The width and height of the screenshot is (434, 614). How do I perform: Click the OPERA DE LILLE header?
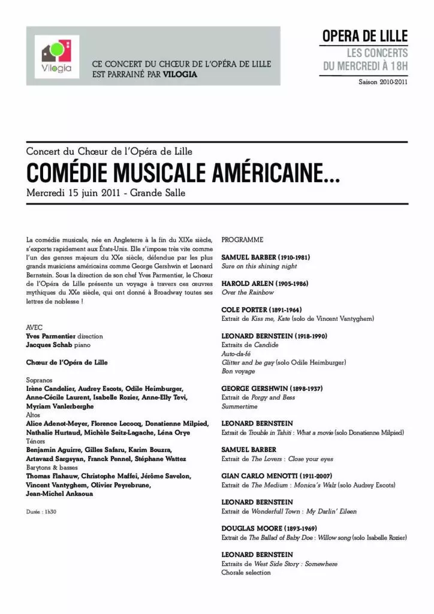point(365,36)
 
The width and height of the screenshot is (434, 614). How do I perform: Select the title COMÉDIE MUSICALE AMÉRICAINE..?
point(182,174)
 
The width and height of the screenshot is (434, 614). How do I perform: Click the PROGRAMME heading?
point(242,240)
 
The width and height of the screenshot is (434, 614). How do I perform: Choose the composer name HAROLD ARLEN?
point(249,283)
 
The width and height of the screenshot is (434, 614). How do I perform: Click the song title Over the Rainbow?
point(248,292)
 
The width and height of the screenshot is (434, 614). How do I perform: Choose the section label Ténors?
point(35,441)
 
